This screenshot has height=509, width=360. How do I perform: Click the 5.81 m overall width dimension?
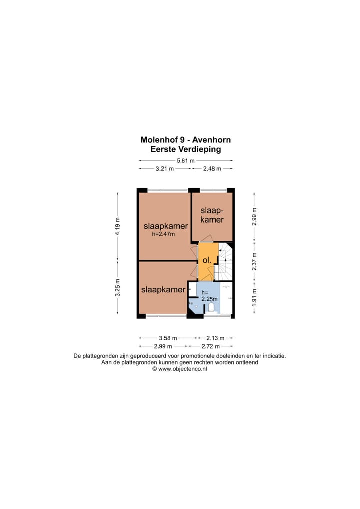click(186, 160)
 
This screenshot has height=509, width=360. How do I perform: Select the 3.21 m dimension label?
click(165, 169)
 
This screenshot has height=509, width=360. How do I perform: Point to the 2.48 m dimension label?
click(212, 169)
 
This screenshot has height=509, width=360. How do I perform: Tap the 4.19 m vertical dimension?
click(118, 226)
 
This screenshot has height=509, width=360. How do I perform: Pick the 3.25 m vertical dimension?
click(118, 287)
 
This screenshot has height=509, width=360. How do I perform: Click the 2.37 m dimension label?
click(254, 261)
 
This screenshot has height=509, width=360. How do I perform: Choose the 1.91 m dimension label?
click(254, 298)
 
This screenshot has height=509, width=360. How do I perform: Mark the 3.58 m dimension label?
click(168, 338)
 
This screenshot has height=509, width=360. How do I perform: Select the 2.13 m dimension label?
click(215, 338)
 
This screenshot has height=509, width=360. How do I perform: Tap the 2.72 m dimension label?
click(210, 346)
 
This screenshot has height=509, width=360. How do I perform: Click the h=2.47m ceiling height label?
click(163, 234)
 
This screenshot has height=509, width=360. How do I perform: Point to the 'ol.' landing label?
click(207, 260)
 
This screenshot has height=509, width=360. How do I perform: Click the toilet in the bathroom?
click(211, 307)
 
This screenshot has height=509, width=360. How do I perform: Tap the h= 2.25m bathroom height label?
click(209, 296)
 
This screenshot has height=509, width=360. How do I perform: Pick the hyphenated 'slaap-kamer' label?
click(212, 215)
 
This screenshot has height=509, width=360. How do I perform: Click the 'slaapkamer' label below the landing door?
click(163, 290)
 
